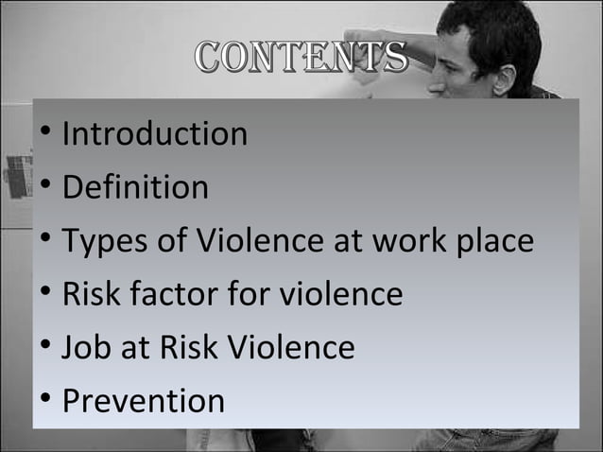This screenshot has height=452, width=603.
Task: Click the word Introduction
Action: tap(154, 133)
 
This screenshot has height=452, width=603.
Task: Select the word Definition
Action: tap(135, 187)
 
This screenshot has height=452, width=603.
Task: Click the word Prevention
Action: tap(144, 401)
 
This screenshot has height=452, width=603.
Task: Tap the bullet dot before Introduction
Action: tap(45, 132)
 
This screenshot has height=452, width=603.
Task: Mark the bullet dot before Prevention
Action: tap(45, 400)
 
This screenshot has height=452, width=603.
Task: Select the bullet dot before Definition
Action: tap(45, 186)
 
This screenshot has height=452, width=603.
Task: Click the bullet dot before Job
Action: tap(45, 347)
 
